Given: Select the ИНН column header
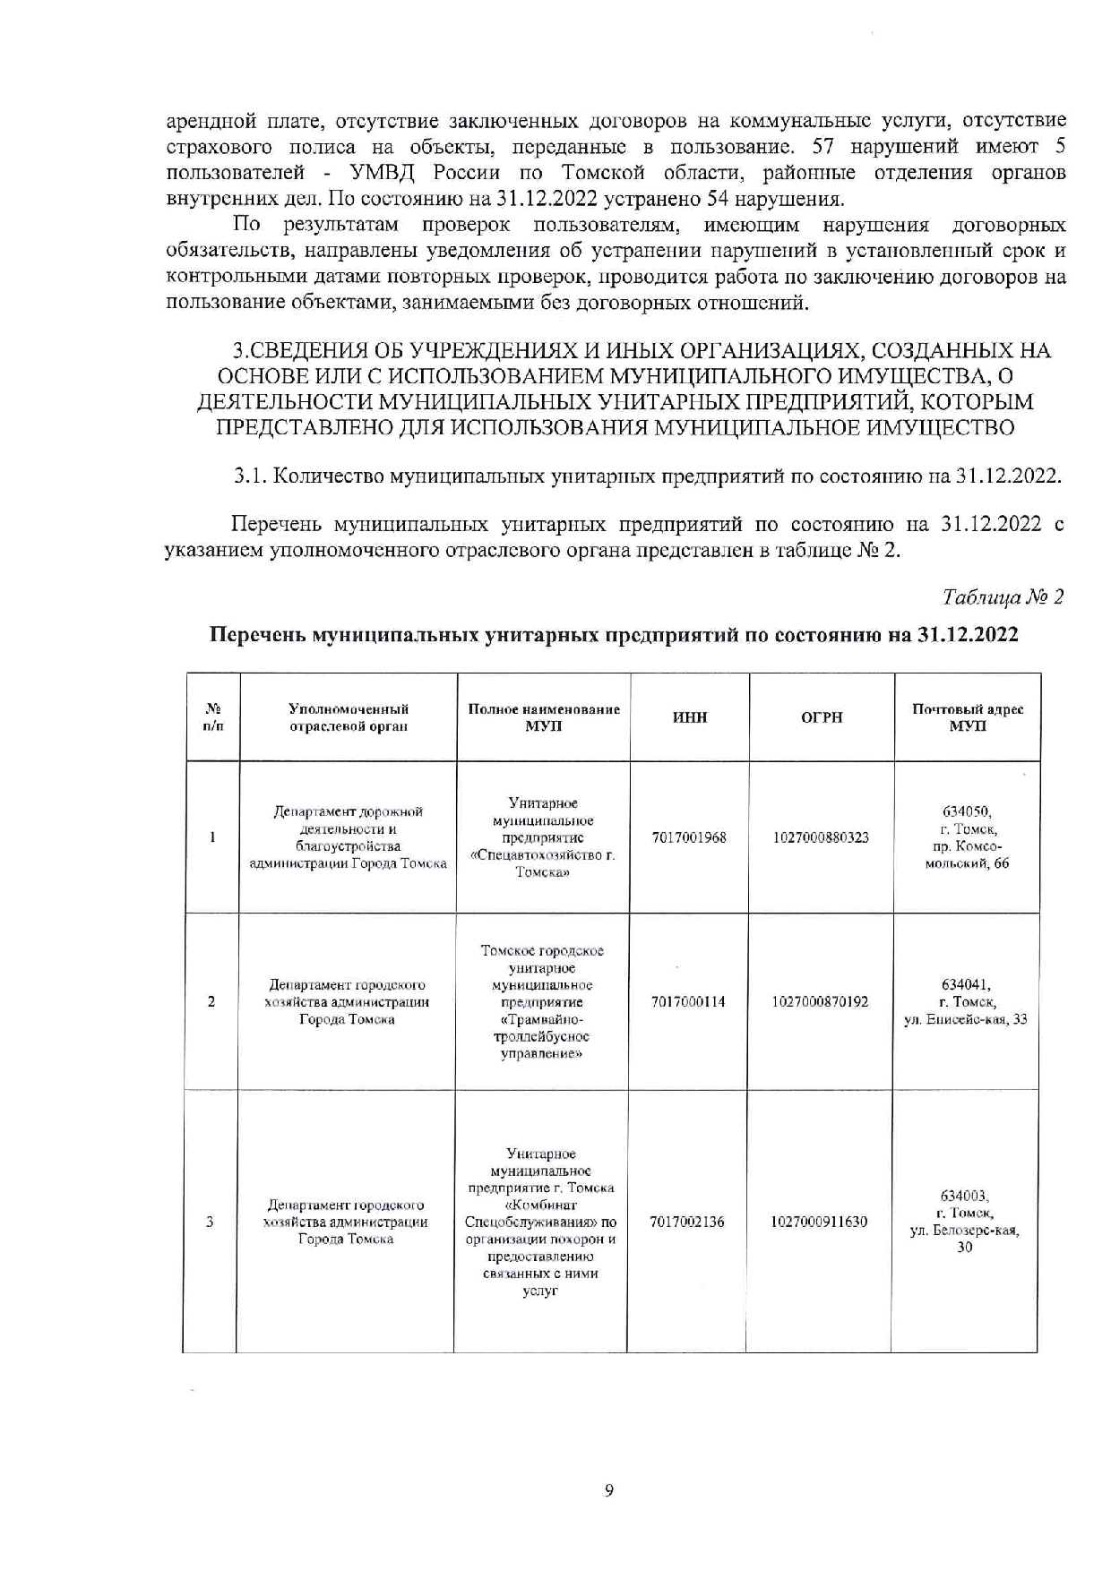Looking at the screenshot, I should tap(689, 717).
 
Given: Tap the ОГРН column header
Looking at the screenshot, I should tap(822, 717).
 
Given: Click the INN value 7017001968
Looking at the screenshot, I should tap(689, 837).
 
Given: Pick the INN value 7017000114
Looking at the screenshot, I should tap(688, 1001).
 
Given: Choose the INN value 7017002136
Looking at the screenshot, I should tap(687, 1222).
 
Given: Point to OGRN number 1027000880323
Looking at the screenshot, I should tap(821, 837).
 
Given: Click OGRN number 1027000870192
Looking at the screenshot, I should tap(820, 1001).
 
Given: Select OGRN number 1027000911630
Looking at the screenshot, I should tap(819, 1222).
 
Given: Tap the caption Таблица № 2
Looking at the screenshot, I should tap(1003, 597).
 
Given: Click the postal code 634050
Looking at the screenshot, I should tap(967, 811).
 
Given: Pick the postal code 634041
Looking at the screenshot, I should tap(966, 983).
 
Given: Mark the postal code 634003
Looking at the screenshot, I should tap(964, 1196).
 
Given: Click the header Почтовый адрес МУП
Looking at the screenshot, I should tap(968, 717).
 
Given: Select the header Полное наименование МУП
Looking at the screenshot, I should tap(544, 717).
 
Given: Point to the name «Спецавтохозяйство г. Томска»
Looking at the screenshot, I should tap(543, 863).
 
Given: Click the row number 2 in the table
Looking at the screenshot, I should tap(211, 1001).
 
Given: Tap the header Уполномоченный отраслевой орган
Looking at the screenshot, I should tap(349, 717).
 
